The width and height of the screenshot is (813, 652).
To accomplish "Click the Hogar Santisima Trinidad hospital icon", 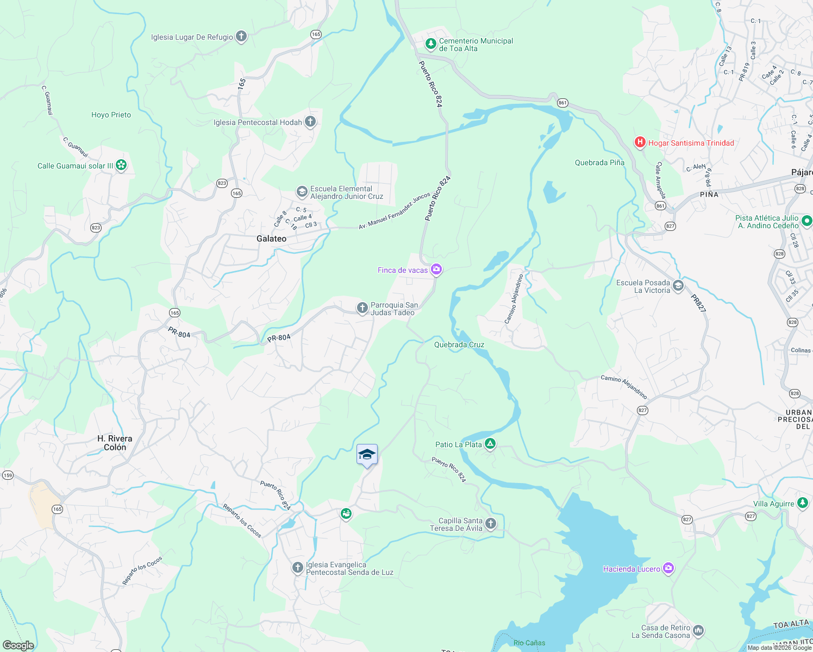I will (x=640, y=143).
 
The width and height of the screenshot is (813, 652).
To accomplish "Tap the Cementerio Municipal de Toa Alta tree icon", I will (x=430, y=43).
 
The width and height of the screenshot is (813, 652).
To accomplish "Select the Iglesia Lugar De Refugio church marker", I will (x=241, y=37).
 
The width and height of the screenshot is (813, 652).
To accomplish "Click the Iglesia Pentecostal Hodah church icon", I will (x=310, y=122).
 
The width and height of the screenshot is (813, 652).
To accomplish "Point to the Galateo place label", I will (x=271, y=239).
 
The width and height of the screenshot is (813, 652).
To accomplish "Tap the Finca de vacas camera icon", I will (x=436, y=269).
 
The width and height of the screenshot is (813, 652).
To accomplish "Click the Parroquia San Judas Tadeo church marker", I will (x=362, y=308).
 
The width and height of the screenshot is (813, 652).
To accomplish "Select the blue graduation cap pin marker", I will (x=367, y=455).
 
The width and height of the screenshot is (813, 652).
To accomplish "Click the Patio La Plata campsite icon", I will (x=490, y=444).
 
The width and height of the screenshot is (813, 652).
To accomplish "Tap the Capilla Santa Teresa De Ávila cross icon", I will (x=491, y=524).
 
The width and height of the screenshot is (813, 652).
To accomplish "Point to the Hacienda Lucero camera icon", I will (x=668, y=568).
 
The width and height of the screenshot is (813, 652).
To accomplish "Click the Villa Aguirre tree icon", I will (x=803, y=503).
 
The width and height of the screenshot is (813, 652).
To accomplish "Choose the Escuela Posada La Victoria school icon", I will (x=678, y=286).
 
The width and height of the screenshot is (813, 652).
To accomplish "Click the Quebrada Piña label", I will (x=599, y=162).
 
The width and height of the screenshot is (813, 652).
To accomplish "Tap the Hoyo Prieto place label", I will (x=111, y=115).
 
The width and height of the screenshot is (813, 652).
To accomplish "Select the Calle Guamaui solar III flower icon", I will (x=121, y=165).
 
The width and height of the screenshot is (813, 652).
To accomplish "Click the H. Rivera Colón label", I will (x=115, y=443).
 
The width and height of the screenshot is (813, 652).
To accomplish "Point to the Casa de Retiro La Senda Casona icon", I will (x=698, y=631).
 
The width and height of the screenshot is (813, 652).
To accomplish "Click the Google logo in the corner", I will (x=18, y=645).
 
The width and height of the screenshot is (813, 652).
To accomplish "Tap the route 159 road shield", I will (x=8, y=475).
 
